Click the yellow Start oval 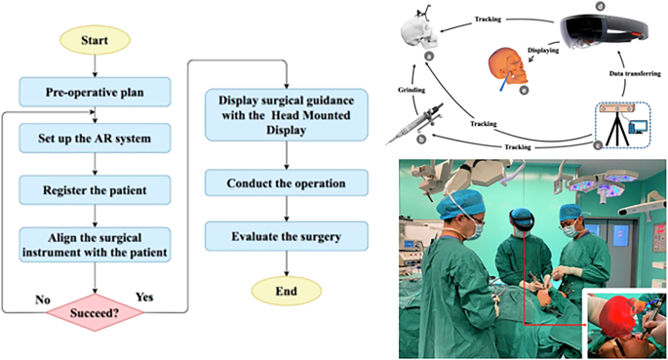pos(95,42)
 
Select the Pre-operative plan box pos(95,94)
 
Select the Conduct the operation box pos(285,182)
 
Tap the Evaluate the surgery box pos(285,236)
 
